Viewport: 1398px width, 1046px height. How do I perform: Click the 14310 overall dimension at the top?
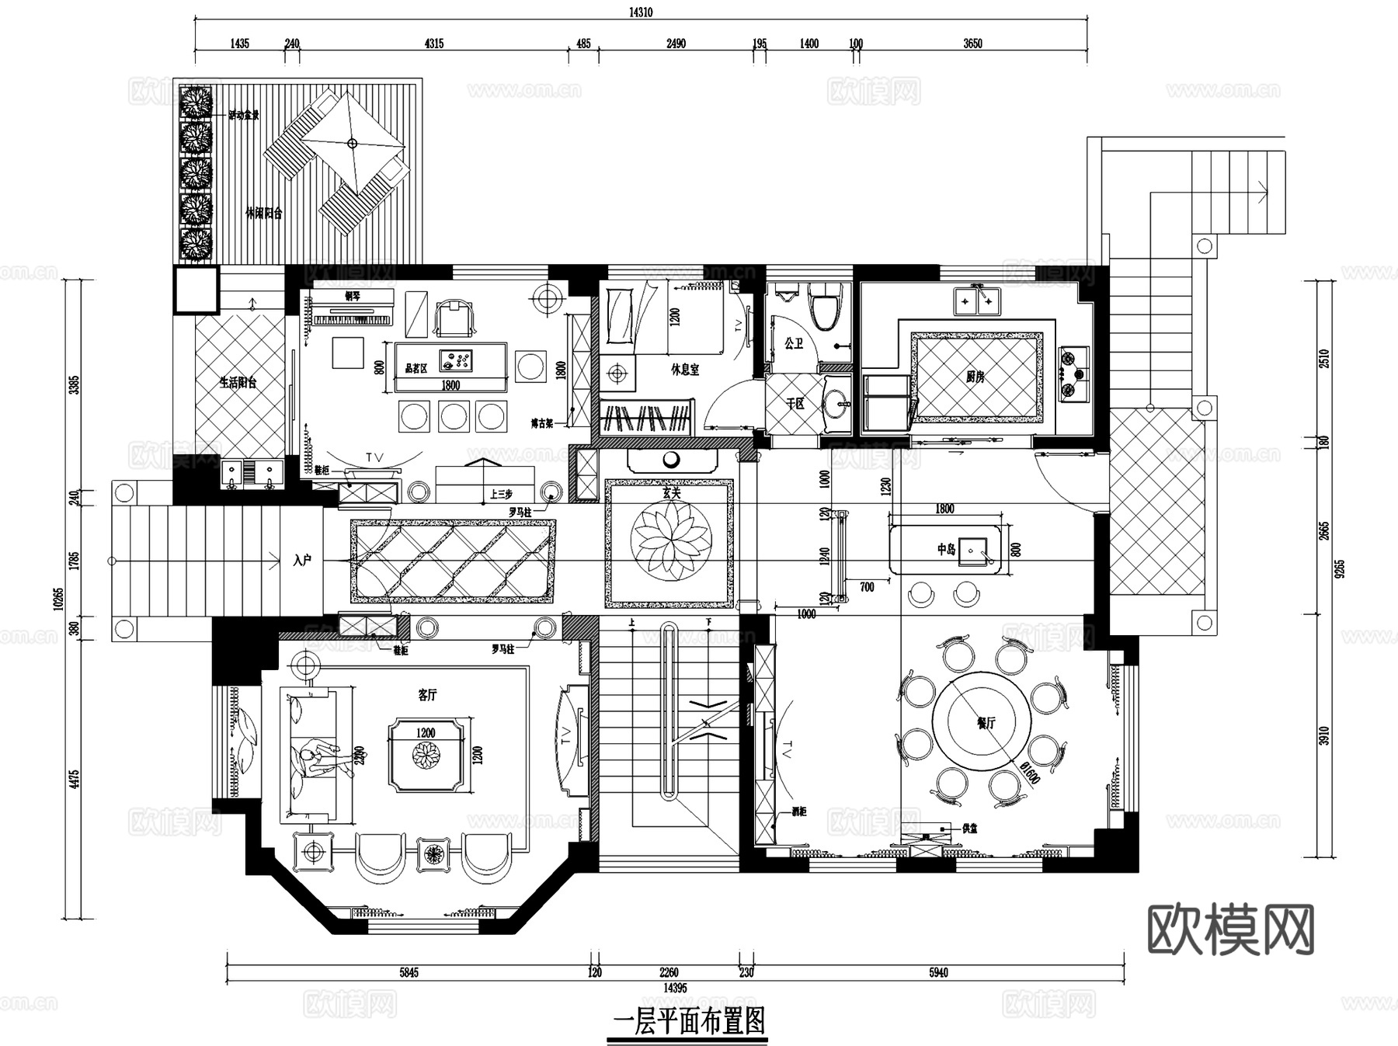pyautogui.click(x=641, y=12)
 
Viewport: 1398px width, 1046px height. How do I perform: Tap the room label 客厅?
pyautogui.click(x=426, y=695)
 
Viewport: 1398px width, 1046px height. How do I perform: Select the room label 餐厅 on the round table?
pyautogui.click(x=986, y=723)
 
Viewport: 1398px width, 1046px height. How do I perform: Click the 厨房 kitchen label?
pyautogui.click(x=975, y=377)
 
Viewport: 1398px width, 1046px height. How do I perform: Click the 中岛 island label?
pyautogui.click(x=945, y=549)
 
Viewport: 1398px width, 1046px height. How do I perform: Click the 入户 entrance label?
pyautogui.click(x=302, y=559)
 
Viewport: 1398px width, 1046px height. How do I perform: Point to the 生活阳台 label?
pyautogui.click(x=238, y=382)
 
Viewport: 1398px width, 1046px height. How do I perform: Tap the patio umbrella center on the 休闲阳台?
pyautogui.click(x=352, y=143)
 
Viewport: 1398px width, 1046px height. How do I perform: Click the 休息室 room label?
pyautogui.click(x=685, y=370)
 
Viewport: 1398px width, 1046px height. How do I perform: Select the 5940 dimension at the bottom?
pyautogui.click(x=938, y=972)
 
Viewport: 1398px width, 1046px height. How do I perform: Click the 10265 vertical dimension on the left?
pyautogui.click(x=58, y=598)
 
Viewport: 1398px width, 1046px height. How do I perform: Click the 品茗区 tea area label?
pyautogui.click(x=416, y=368)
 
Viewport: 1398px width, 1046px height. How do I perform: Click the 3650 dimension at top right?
pyautogui.click(x=972, y=43)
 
